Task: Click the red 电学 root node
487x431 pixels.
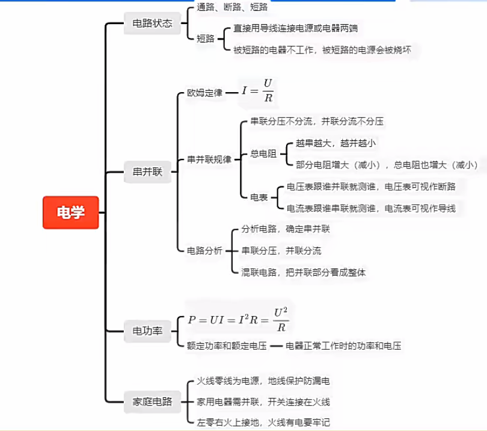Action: (70, 212)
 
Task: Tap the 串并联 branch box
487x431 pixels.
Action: (147, 172)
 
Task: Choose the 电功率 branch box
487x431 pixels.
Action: (147, 331)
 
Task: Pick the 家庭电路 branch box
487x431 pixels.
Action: (152, 402)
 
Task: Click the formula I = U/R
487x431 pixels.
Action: (257, 91)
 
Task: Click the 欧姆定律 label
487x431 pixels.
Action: (204, 93)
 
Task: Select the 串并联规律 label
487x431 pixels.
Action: (209, 160)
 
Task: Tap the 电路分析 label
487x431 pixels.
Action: (204, 250)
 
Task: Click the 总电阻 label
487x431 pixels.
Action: (263, 154)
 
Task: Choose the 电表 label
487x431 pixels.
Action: (259, 197)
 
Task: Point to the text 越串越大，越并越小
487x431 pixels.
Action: (335, 143)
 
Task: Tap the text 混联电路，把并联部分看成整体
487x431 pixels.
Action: (304, 272)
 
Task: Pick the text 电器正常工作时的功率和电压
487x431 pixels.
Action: (343, 346)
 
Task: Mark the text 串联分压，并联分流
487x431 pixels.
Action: (281, 250)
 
